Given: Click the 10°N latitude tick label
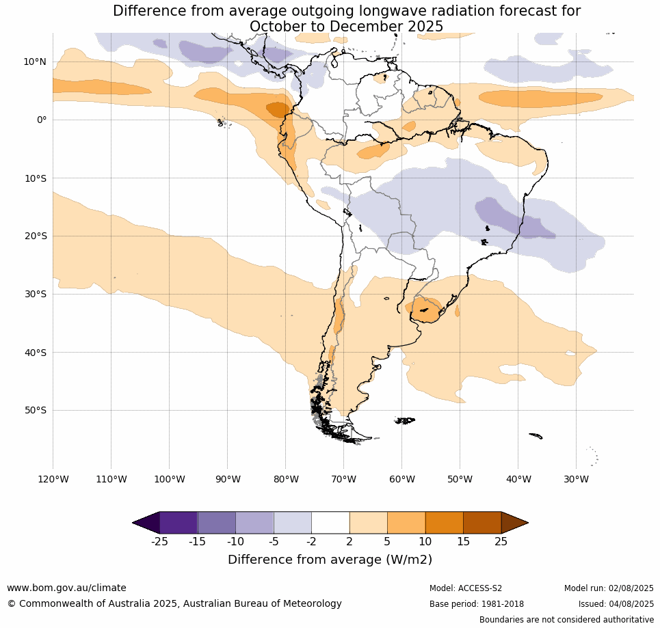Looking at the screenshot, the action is click(34, 62).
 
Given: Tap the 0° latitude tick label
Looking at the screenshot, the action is click(42, 120).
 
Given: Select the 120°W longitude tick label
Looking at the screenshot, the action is click(53, 479).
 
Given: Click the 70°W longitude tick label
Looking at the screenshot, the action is click(343, 479).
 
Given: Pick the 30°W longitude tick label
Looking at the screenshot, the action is click(577, 479).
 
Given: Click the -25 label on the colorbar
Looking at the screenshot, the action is click(159, 541).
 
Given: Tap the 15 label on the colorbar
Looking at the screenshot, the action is click(463, 541).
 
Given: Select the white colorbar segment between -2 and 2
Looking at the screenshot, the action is click(330, 523).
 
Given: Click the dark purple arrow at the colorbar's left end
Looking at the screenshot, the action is click(146, 523).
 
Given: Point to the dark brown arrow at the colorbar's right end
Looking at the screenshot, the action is click(515, 523).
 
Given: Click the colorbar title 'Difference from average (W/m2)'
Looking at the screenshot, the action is click(330, 560).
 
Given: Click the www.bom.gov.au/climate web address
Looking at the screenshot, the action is click(66, 588).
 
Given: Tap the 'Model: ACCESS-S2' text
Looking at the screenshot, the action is click(466, 588).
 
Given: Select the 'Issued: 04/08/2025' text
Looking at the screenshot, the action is click(616, 603).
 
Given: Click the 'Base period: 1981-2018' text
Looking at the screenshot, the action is click(477, 603).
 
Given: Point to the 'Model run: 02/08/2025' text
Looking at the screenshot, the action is click(609, 588).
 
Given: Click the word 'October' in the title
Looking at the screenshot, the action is click(276, 26).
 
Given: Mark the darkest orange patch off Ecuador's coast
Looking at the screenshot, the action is click(278, 110).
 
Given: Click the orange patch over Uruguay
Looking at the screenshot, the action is click(426, 310).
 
